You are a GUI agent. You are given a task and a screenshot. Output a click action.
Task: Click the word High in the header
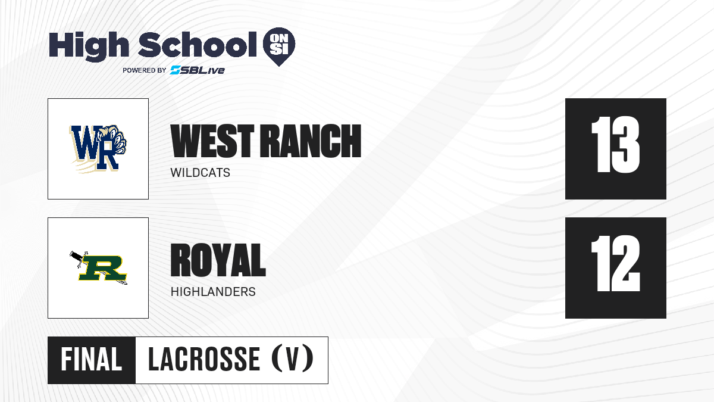(x=89, y=46)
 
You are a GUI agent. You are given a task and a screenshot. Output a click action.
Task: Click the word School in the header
(x=198, y=45)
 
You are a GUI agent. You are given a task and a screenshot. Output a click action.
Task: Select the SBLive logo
(x=197, y=70)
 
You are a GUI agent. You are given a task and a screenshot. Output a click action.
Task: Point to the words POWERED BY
(x=145, y=70)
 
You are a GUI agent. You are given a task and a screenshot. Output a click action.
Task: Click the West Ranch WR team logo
(x=98, y=149)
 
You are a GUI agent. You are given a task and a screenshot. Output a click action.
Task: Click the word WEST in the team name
(x=212, y=141)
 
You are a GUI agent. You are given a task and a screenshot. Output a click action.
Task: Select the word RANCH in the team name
(x=311, y=141)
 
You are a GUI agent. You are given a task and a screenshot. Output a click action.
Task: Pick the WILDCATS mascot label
(x=200, y=173)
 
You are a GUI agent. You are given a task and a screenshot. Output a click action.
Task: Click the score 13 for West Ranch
(x=615, y=145)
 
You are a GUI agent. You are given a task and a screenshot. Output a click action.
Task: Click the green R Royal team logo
(x=99, y=268)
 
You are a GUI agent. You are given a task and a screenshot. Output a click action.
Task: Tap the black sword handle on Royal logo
(x=77, y=257)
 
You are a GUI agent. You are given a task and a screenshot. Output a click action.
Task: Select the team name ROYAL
(x=218, y=260)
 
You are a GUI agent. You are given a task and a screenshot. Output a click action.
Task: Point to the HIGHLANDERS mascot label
(x=213, y=292)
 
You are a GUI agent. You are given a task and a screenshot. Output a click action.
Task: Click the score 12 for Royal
(x=615, y=263)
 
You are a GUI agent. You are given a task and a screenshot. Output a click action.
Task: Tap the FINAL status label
(x=92, y=360)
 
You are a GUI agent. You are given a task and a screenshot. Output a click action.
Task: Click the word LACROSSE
(x=204, y=360)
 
